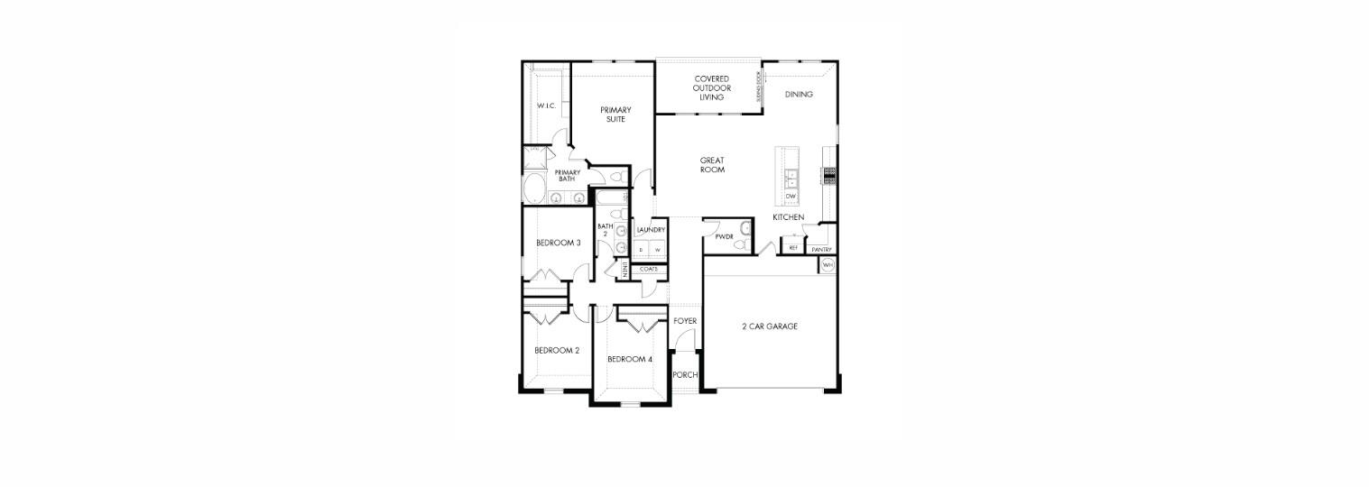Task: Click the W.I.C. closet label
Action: pyautogui.click(x=546, y=106)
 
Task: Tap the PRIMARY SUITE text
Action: pyautogui.click(x=616, y=115)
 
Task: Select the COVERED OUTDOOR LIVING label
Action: pyautogui.click(x=711, y=87)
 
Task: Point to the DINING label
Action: pyautogui.click(x=799, y=95)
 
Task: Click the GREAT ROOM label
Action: pyautogui.click(x=712, y=165)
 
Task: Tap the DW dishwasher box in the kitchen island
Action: pyautogui.click(x=791, y=196)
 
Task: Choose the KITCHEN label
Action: pyautogui.click(x=788, y=217)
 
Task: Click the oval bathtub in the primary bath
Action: pyautogui.click(x=534, y=190)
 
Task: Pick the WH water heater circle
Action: pyautogui.click(x=828, y=265)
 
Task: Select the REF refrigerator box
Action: pyautogui.click(x=793, y=247)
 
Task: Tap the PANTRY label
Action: pyautogui.click(x=821, y=250)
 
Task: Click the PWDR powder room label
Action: pyautogui.click(x=724, y=237)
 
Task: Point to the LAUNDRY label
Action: pyautogui.click(x=651, y=230)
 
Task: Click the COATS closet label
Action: pyautogui.click(x=649, y=269)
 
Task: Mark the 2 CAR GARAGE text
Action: pyautogui.click(x=769, y=326)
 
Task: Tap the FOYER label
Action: pyautogui.click(x=685, y=321)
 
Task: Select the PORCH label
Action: pyautogui.click(x=685, y=375)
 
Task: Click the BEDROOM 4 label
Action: pyautogui.click(x=630, y=359)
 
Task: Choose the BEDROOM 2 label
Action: pyautogui.click(x=557, y=350)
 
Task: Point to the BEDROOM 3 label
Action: pyautogui.click(x=558, y=243)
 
